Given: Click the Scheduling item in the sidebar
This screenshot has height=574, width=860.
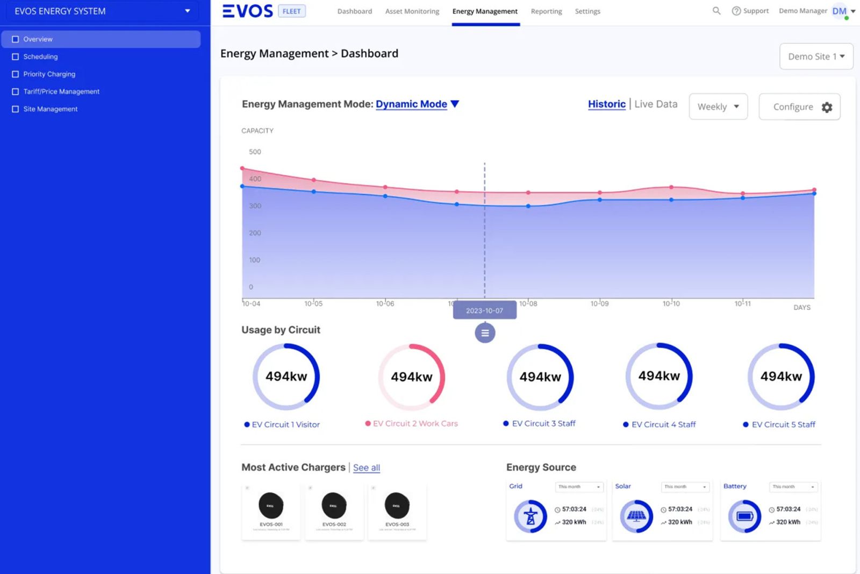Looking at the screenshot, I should [40, 56].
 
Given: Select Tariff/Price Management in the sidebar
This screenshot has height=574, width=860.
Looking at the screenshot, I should [61, 91].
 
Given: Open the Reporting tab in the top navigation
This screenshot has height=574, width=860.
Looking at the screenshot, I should [546, 11].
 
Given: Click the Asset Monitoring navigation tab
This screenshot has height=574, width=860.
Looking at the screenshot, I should [412, 11].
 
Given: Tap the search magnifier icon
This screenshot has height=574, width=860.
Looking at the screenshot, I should [716, 11].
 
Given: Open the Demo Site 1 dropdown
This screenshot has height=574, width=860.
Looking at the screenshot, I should [816, 56].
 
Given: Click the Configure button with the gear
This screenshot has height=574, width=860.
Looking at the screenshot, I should [799, 107].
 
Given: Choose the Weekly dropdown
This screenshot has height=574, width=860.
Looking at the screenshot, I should [718, 107].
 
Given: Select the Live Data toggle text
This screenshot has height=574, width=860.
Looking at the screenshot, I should [656, 104].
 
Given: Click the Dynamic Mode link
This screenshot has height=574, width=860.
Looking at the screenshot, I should [411, 104].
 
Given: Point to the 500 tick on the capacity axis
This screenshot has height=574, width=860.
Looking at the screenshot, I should [255, 152].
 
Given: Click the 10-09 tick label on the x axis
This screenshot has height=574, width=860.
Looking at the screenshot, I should [599, 304].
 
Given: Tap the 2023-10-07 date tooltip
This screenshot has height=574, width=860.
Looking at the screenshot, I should [484, 310].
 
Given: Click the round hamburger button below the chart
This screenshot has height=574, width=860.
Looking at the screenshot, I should [485, 333].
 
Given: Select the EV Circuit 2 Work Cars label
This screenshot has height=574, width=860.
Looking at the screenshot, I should [415, 424].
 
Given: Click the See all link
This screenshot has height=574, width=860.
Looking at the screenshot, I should [367, 468].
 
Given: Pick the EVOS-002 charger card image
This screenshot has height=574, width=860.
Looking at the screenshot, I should [334, 506].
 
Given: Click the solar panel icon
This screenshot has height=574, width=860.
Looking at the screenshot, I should [636, 516].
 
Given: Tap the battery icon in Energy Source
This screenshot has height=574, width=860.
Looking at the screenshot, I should [744, 516].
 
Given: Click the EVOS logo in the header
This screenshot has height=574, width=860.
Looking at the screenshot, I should [248, 11].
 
